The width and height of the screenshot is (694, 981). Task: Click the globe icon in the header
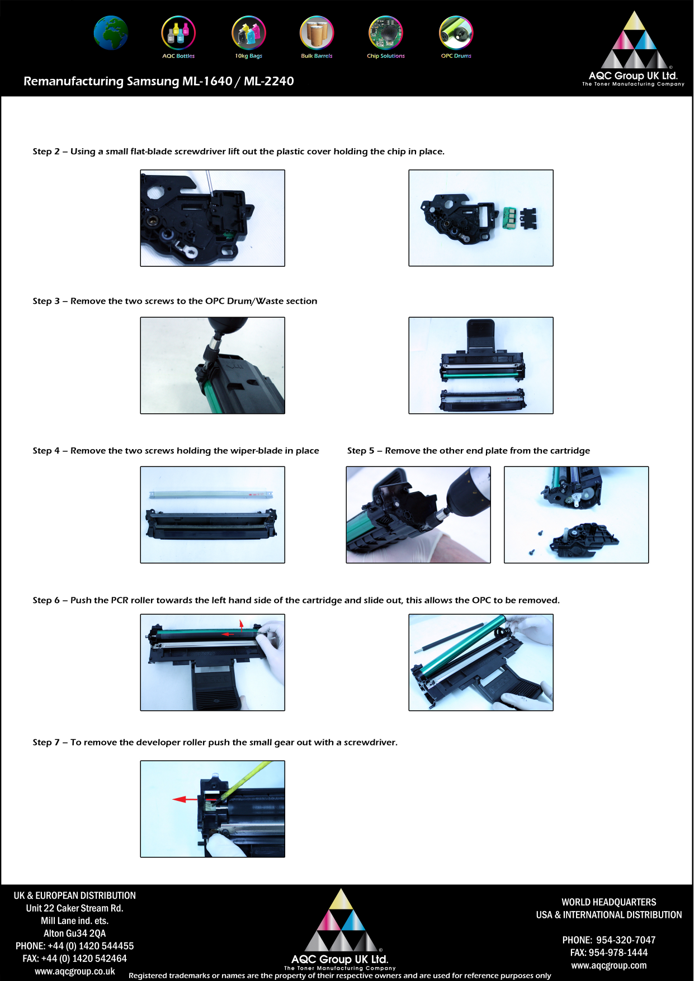(x=111, y=33)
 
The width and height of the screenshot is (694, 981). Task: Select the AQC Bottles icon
(x=178, y=33)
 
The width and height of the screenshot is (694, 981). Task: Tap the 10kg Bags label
(x=248, y=56)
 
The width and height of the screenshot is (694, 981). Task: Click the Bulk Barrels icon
(x=317, y=33)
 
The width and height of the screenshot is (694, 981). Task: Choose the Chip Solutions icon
(x=386, y=33)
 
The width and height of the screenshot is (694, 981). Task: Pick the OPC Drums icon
(x=456, y=33)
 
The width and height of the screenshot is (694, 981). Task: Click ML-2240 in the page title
(x=268, y=81)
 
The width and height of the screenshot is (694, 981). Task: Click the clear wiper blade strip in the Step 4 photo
(x=211, y=494)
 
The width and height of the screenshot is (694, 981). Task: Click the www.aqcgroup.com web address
(x=608, y=965)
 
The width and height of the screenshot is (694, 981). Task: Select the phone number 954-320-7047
(x=625, y=940)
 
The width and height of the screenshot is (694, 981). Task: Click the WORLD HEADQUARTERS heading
(x=608, y=902)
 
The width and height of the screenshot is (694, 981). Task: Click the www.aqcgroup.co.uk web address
(x=75, y=971)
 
